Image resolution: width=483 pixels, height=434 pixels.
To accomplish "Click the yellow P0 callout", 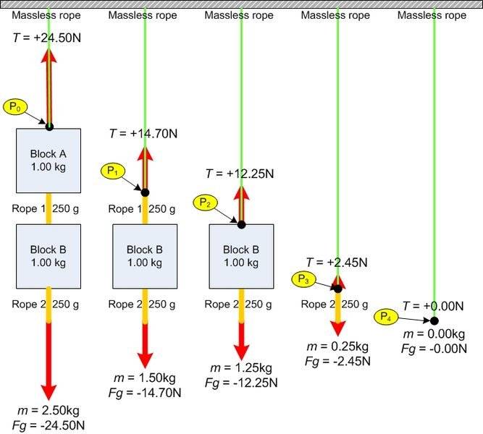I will click(x=14, y=107).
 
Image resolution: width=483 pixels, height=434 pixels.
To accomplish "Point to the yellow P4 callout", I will click(x=385, y=316).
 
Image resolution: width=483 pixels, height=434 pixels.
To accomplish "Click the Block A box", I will click(x=49, y=161).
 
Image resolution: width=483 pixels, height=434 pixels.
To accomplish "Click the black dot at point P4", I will click(x=434, y=320).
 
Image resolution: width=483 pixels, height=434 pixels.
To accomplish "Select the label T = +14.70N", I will click(x=143, y=133).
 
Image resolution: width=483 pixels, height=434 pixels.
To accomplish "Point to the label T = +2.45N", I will click(x=337, y=262).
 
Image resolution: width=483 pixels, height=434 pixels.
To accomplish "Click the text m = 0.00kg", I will click(x=433, y=333).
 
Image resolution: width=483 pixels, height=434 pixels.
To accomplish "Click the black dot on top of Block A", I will click(x=49, y=127).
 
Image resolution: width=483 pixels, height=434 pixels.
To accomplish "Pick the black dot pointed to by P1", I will click(x=145, y=192).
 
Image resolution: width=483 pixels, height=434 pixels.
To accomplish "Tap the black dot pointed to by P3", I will click(x=337, y=288).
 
